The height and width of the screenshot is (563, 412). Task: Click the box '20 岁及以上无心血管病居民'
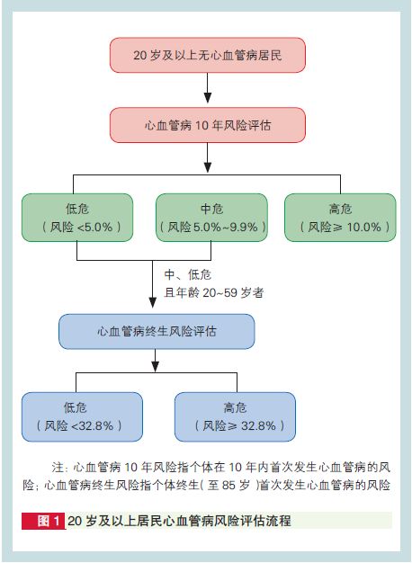208,55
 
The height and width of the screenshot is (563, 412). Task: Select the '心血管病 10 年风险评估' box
208,125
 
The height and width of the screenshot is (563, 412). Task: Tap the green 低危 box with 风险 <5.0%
77,218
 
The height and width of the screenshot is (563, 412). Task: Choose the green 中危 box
211,218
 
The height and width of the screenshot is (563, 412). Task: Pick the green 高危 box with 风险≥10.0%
340,218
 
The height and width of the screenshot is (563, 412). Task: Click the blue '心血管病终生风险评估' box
157,331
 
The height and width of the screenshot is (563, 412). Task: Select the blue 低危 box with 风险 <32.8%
82,417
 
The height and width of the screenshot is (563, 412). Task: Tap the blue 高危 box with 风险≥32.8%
236,417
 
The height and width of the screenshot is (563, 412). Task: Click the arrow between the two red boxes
208,88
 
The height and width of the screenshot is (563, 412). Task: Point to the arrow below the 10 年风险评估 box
208,157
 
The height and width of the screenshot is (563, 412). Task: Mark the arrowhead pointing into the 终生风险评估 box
153,303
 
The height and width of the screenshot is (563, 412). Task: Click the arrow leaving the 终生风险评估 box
155,361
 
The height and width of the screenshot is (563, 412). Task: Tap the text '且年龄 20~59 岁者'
214,292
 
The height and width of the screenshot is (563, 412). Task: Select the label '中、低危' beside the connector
187,275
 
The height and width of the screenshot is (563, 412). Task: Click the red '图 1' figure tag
43,521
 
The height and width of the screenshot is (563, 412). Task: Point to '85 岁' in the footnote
236,485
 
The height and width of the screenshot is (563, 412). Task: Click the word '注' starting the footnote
57,468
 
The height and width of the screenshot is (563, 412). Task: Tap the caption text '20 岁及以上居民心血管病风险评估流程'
179,521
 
